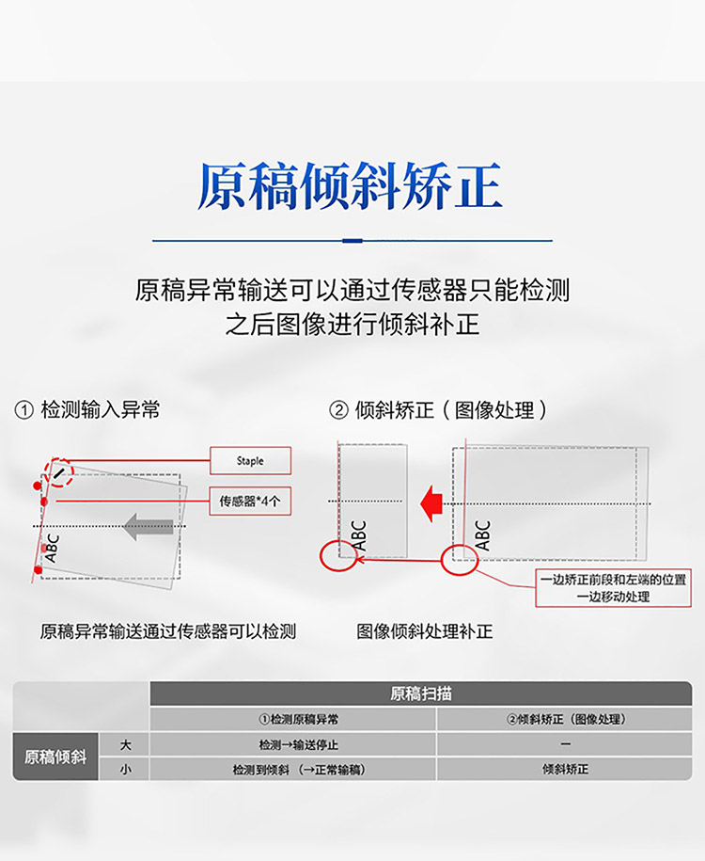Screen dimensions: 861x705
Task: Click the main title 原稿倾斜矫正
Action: pos(350,186)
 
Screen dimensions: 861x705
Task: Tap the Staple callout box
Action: pos(250,461)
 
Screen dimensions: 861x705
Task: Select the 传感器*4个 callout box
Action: pos(249,502)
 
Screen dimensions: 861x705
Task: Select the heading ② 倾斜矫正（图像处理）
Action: pos(438,410)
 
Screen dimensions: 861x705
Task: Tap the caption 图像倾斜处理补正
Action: pos(425,631)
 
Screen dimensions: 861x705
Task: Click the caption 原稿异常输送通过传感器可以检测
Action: pos(168,631)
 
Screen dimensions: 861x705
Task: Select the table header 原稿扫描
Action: pos(420,694)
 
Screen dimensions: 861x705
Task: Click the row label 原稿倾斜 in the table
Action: pos(55,757)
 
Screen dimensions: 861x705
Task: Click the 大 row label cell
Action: pos(125,744)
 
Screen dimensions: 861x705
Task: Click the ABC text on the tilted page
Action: pos(52,548)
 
